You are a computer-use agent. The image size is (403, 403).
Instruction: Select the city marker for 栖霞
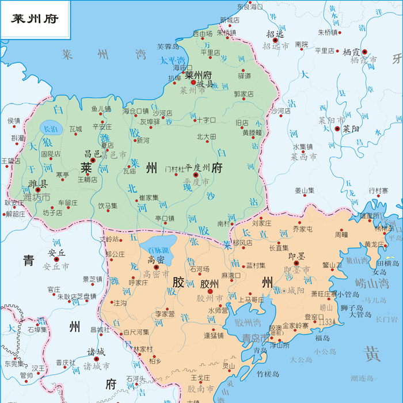click(x=364, y=51)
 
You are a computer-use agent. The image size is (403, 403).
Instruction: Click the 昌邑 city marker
click(x=93, y=161)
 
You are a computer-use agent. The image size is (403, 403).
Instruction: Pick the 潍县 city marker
click(x=38, y=189)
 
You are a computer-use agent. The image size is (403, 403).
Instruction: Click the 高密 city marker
click(x=156, y=267)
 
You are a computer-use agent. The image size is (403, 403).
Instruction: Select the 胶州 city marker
click(x=210, y=291)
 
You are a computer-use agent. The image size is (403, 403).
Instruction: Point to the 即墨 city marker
click(x=296, y=263)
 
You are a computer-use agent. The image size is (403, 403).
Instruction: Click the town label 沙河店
click(x=163, y=112)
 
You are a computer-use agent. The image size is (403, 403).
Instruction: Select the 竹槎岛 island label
click(x=268, y=374)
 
